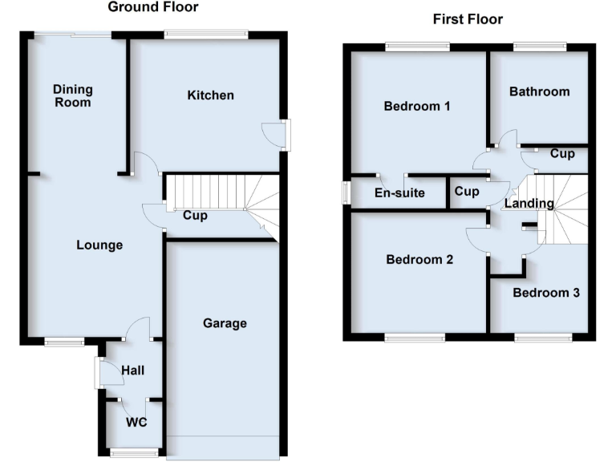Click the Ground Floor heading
coord(153,7)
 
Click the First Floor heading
coord(468,18)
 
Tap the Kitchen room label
coord(211,95)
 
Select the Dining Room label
coord(73,95)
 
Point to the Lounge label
coord(100,245)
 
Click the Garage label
coord(225,323)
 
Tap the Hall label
coord(133,371)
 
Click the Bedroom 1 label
coord(417,106)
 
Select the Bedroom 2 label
coord(419,260)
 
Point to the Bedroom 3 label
coord(546,293)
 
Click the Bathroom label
coord(539,91)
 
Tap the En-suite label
coord(399,192)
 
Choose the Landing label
coord(529,204)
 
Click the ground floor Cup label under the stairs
coord(196,215)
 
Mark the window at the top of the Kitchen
coord(205,34)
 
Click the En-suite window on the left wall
coord(346,192)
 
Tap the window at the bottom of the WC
coord(134,453)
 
